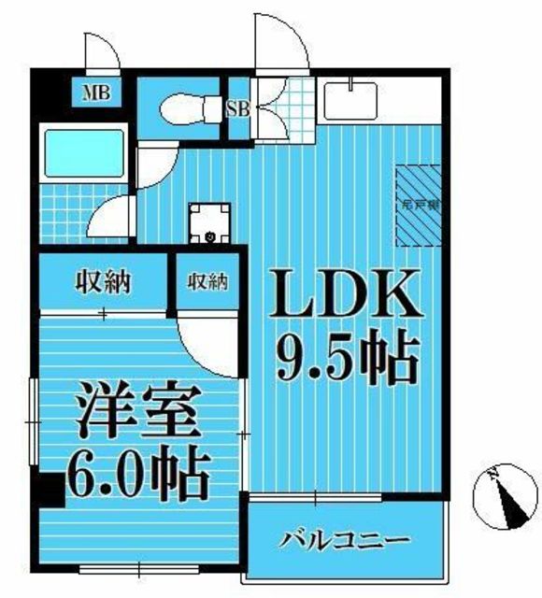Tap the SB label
pos(237,107)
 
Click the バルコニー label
pos(345,541)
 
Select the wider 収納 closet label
pos(103,280)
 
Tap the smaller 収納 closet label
pos(207,280)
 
